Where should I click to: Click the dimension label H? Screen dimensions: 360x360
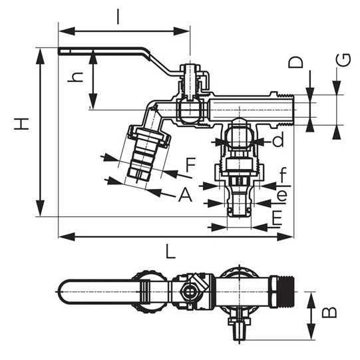[21, 124]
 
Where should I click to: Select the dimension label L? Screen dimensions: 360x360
[170, 252]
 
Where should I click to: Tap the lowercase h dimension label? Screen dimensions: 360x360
[75, 77]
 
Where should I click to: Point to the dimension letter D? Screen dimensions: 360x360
[295, 62]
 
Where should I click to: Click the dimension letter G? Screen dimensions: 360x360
[343, 60]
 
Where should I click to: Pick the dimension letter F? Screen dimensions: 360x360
[190, 165]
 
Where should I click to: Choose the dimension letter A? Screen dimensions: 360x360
[185, 194]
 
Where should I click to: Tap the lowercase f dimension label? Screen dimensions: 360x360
[283, 175]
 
